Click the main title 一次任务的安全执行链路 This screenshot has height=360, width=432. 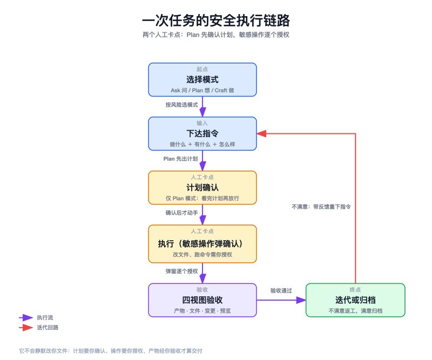pos(215,21)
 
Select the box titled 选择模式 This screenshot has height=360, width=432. pos(202,79)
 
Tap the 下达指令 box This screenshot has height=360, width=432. pos(202,134)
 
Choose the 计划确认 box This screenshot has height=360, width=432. pos(202,188)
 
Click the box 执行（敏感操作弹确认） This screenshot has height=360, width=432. pos(202,244)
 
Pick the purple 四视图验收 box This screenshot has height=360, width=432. pos(202,300)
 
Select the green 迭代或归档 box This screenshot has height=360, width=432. pos(355,300)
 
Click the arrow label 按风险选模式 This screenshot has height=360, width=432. pos(181,105)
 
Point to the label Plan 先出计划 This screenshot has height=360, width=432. pos(180,159)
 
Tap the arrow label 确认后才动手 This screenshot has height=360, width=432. pos(181,213)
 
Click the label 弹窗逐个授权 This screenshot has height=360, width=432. pos(181,271)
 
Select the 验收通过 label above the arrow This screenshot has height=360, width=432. pos(281,290)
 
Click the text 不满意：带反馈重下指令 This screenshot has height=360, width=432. pos(321,207)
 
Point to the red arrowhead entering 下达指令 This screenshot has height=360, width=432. pos(261,134)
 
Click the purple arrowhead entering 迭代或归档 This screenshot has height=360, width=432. pos(301,300)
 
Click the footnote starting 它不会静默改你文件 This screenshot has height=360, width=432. pos(111,351)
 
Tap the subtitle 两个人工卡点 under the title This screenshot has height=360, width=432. pos(215,35)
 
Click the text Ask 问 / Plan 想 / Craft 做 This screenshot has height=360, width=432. pos(202,90)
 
